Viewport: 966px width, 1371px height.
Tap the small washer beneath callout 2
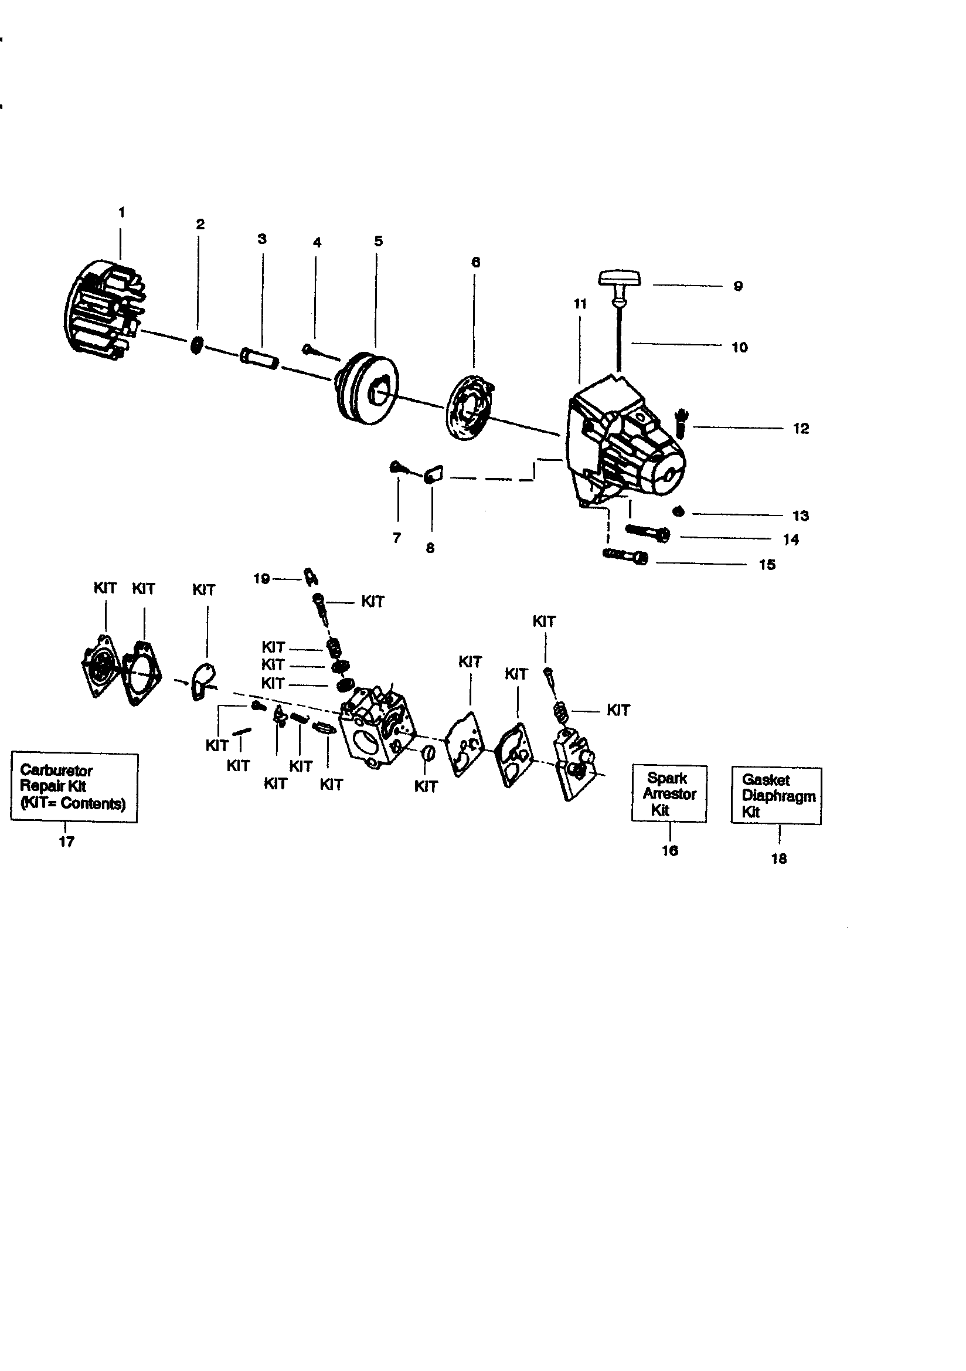(196, 345)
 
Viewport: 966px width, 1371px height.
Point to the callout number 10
(739, 348)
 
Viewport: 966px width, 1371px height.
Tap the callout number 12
(801, 429)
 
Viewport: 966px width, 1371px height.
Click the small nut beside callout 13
(678, 512)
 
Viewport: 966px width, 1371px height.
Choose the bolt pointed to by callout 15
(625, 556)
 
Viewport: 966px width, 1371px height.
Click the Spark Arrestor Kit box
(669, 794)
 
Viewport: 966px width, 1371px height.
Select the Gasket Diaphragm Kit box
(776, 796)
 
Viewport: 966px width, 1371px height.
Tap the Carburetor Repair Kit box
(74, 787)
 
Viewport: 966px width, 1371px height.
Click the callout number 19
(261, 579)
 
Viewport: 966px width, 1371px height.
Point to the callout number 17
(66, 842)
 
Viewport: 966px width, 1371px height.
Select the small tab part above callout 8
(433, 476)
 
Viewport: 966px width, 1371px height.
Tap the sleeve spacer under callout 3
(259, 359)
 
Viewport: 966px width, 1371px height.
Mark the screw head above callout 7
(395, 466)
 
